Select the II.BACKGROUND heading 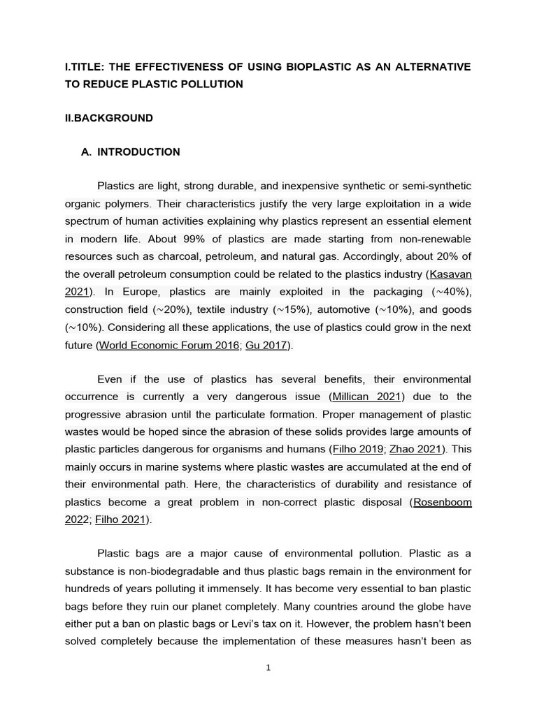[108, 118]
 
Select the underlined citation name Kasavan [450, 274]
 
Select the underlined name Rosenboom [443, 501]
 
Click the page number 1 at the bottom [268, 668]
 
